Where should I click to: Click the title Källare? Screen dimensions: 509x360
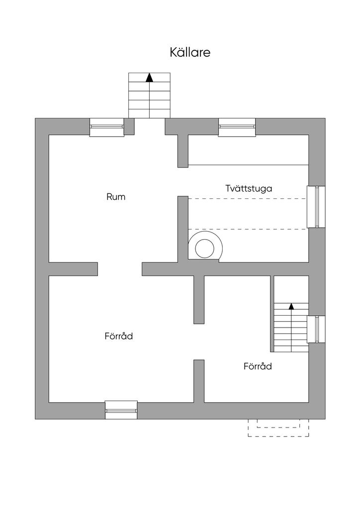(x=190, y=53)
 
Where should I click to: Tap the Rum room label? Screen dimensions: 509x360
(x=116, y=197)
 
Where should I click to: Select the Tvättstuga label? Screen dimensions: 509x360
(x=248, y=188)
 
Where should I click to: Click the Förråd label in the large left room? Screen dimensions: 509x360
(x=119, y=336)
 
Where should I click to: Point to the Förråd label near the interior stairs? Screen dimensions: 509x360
(x=258, y=366)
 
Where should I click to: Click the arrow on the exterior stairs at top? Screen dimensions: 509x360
(x=149, y=78)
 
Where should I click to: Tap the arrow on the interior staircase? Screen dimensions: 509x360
(x=291, y=306)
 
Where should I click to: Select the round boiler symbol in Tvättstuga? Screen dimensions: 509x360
(x=204, y=247)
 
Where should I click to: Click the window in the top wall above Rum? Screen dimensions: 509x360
(x=106, y=127)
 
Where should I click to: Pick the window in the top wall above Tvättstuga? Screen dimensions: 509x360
(x=237, y=127)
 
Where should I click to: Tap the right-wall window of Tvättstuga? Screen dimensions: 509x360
(x=316, y=206)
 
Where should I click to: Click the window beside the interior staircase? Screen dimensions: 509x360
(x=316, y=329)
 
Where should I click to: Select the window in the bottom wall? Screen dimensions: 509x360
(x=121, y=410)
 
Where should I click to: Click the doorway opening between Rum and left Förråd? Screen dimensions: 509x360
(x=120, y=269)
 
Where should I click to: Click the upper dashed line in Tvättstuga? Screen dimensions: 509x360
(x=247, y=199)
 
